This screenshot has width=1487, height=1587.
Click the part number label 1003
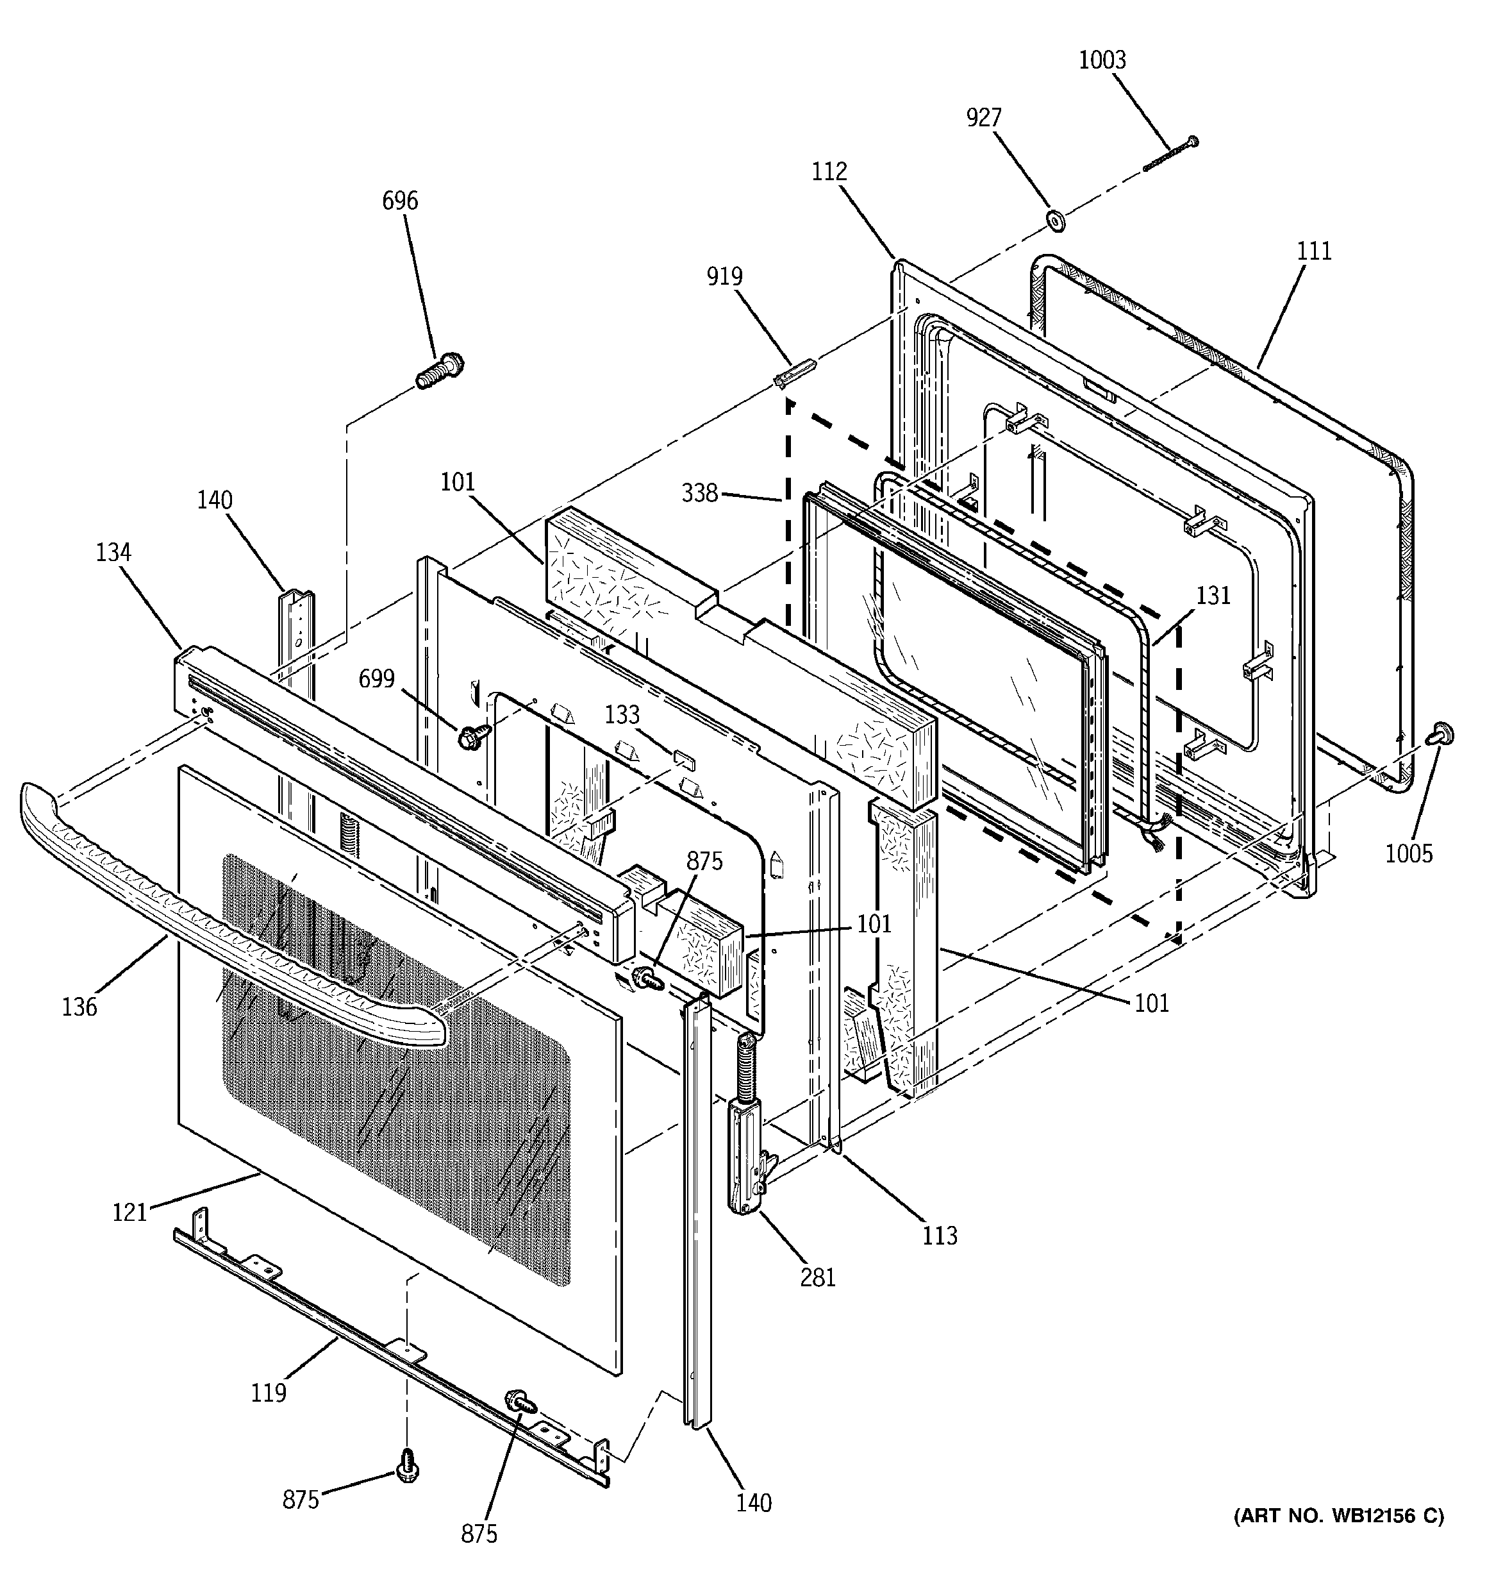click(x=1102, y=61)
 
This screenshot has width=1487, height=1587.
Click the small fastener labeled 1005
click(x=1442, y=734)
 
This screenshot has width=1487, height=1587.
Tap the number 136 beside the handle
click(x=80, y=1007)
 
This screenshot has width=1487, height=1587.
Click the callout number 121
click(x=129, y=1213)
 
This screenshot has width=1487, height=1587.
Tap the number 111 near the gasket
click(x=1314, y=251)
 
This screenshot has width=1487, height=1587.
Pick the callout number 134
click(x=113, y=553)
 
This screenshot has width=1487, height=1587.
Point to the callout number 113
click(x=940, y=1236)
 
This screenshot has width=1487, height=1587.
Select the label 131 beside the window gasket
click(x=1213, y=596)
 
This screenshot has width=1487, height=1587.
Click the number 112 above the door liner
click(x=829, y=172)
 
